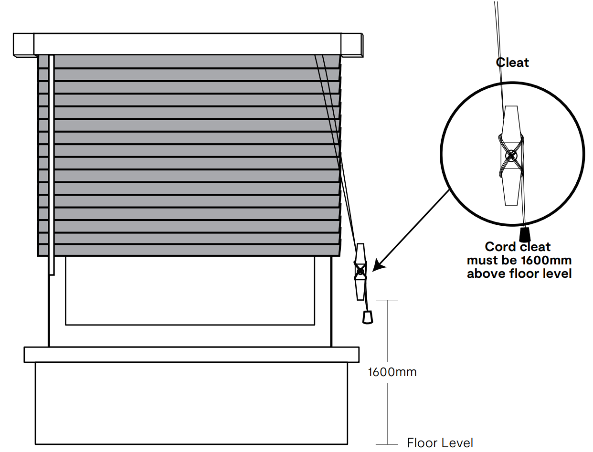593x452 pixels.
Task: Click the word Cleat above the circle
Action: click(x=513, y=63)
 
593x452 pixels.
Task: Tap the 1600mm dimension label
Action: click(x=392, y=372)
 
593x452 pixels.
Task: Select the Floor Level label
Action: click(x=440, y=443)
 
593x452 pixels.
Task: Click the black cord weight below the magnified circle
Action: click(x=525, y=234)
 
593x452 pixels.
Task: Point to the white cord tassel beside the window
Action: click(x=367, y=317)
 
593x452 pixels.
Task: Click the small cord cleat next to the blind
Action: click(x=360, y=272)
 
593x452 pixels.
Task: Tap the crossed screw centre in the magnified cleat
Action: click(x=511, y=155)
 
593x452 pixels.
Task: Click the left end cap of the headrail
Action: click(x=23, y=45)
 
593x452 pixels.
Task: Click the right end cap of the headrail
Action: click(x=352, y=45)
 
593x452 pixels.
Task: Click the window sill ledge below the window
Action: click(x=191, y=355)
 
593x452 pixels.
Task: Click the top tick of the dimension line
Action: click(x=387, y=300)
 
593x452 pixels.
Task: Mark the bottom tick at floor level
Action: click(x=387, y=444)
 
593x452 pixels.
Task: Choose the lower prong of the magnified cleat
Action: click(x=511, y=191)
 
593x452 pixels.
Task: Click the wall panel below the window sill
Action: click(x=191, y=403)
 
